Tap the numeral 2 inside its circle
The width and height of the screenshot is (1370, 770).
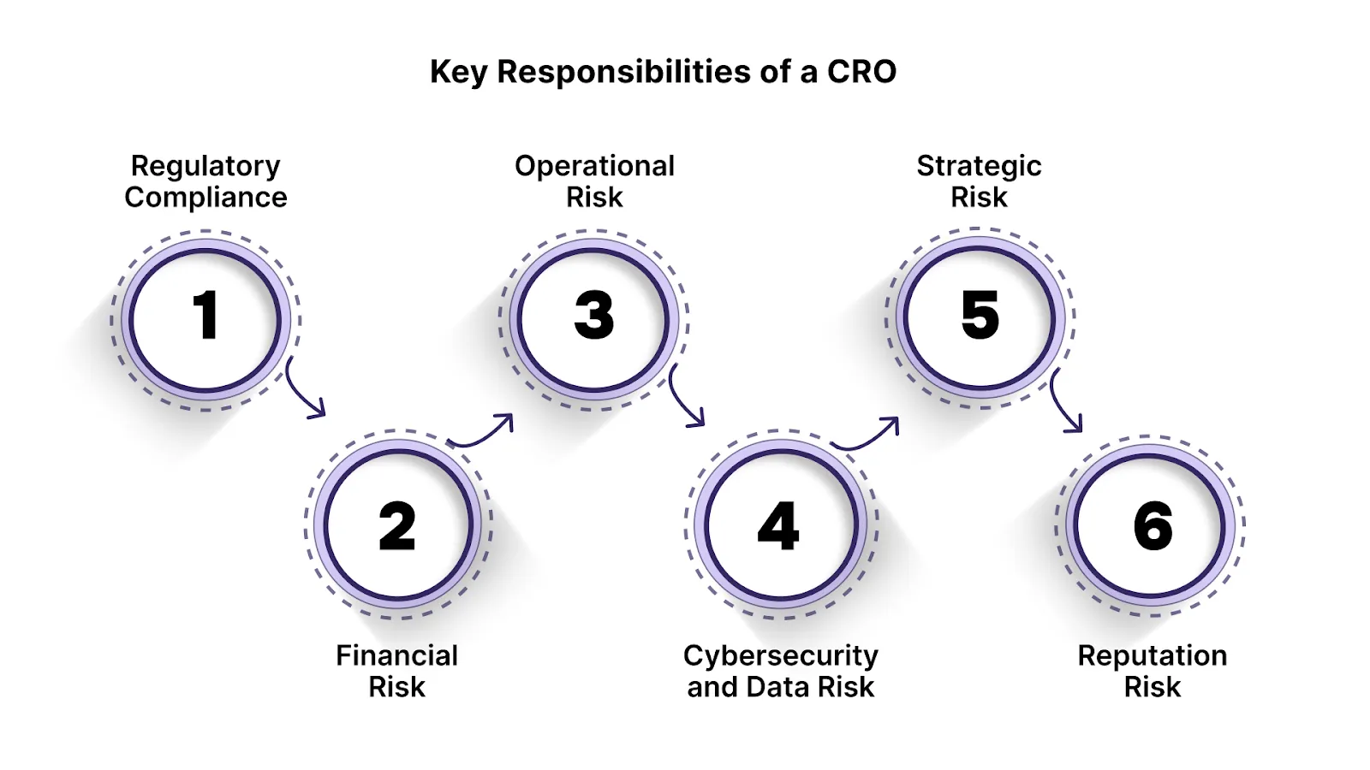tap(397, 526)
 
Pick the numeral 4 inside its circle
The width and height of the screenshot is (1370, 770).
tap(778, 526)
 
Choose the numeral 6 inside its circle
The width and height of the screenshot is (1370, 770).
tap(1153, 526)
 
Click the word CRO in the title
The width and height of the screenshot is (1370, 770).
tap(861, 72)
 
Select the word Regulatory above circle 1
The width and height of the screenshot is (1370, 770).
tap(205, 166)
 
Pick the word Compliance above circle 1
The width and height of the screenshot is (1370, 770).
tap(205, 198)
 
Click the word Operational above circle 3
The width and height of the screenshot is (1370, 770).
tap(594, 166)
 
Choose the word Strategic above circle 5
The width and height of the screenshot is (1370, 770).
tap(979, 166)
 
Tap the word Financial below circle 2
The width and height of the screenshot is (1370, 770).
tap(396, 655)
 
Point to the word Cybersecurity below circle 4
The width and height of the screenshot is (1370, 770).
tap(780, 655)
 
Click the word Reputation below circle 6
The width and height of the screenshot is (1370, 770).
tap(1152, 655)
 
